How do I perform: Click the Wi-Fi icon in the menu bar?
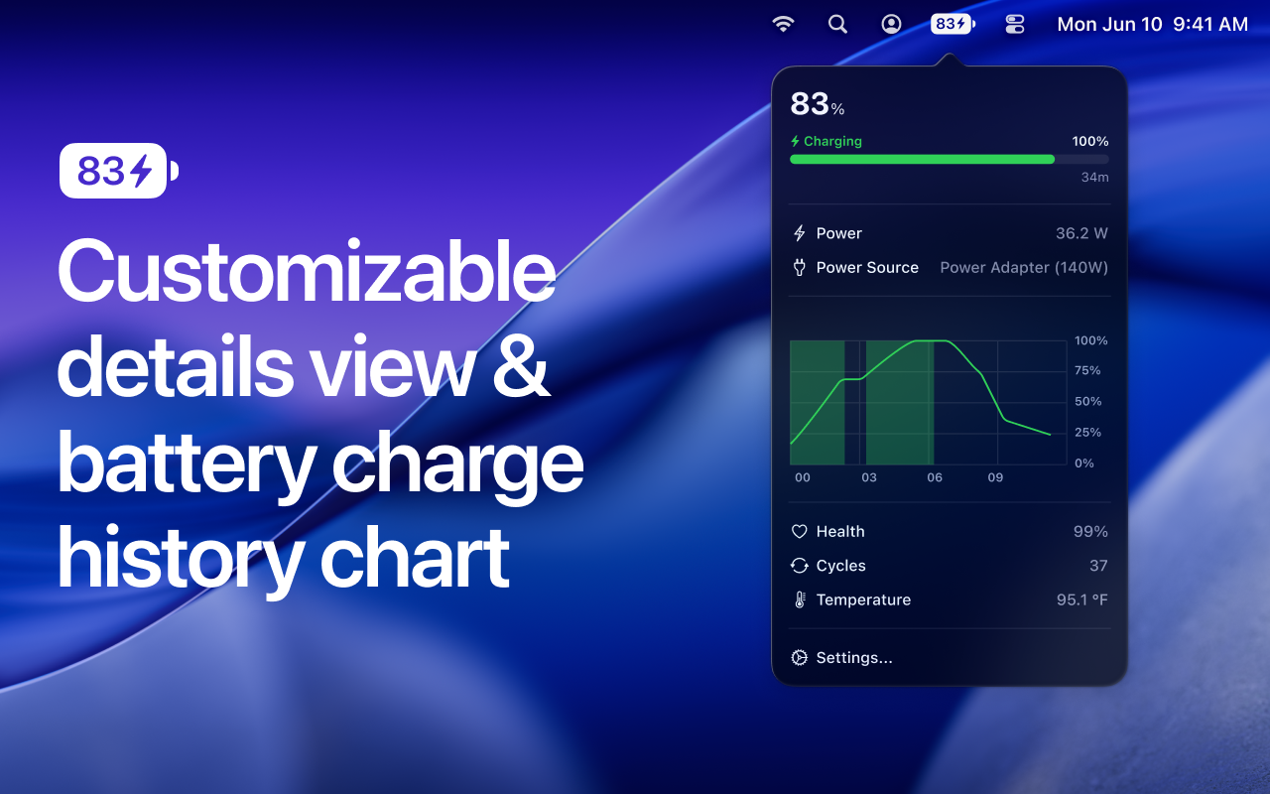pyautogui.click(x=784, y=24)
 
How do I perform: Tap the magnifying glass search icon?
pyautogui.click(x=837, y=24)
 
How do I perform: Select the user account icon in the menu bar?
pyautogui.click(x=892, y=24)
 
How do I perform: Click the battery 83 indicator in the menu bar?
pyautogui.click(x=952, y=24)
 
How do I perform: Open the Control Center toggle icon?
pyautogui.click(x=1014, y=24)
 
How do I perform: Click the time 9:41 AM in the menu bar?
pyautogui.click(x=1210, y=25)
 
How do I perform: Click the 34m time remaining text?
pyautogui.click(x=1094, y=178)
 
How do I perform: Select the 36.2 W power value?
pyautogui.click(x=1081, y=233)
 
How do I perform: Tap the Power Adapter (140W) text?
pyautogui.click(x=1024, y=267)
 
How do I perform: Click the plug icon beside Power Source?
pyautogui.click(x=799, y=267)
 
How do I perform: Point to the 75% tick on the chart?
pyautogui.click(x=1087, y=370)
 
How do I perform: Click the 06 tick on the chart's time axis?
pyautogui.click(x=935, y=477)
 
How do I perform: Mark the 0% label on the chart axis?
pyautogui.click(x=1083, y=463)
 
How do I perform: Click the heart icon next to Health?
pyautogui.click(x=799, y=532)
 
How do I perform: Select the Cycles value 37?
pyautogui.click(x=1098, y=566)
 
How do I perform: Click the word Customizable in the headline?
pyautogui.click(x=306, y=273)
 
